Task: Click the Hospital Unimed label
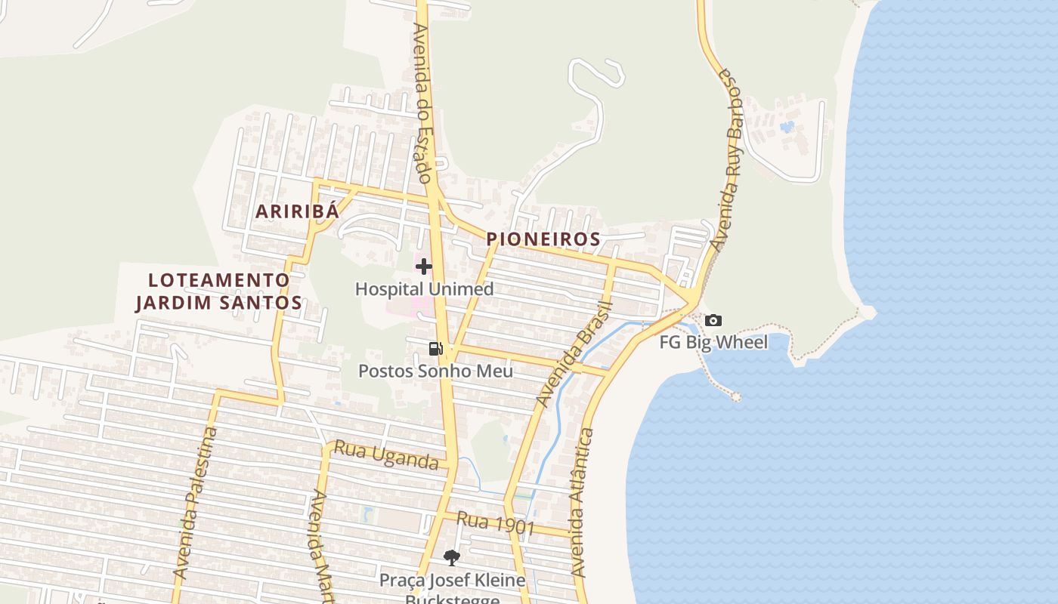(x=424, y=289)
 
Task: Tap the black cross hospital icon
(x=424, y=266)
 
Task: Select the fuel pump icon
(x=435, y=348)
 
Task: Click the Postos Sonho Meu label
(x=435, y=371)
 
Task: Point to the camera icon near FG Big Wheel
(x=713, y=321)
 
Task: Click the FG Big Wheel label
(x=713, y=343)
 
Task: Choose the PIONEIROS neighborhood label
(x=543, y=239)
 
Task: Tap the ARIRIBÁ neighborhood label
(x=297, y=211)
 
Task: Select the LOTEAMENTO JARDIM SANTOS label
(x=218, y=291)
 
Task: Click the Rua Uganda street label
(x=385, y=455)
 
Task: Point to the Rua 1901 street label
(x=495, y=522)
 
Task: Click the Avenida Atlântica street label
(x=582, y=504)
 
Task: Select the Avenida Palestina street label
(x=195, y=504)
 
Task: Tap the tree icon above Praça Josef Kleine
(x=452, y=558)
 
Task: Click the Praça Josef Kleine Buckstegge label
(x=452, y=589)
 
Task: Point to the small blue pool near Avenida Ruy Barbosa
(x=787, y=126)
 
